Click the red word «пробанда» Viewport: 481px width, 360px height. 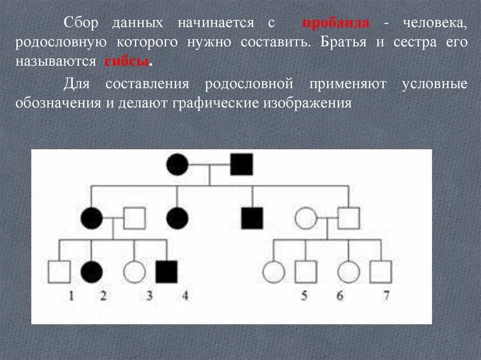click(x=335, y=23)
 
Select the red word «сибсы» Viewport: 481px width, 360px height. click(x=126, y=62)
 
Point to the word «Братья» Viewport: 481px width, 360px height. click(x=345, y=42)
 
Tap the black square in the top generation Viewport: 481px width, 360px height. click(x=241, y=164)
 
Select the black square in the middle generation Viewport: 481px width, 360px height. click(x=252, y=218)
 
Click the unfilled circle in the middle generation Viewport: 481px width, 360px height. click(x=306, y=218)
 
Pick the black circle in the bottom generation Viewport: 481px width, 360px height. click(x=92, y=272)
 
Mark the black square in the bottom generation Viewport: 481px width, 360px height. click(x=166, y=272)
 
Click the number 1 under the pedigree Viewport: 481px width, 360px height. click(x=71, y=296)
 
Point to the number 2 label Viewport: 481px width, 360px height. click(x=102, y=296)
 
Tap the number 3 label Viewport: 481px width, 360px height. click(x=149, y=296)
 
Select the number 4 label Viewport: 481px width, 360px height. click(x=185, y=296)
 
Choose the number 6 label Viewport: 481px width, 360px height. click(x=340, y=296)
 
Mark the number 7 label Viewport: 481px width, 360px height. click(x=387, y=296)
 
